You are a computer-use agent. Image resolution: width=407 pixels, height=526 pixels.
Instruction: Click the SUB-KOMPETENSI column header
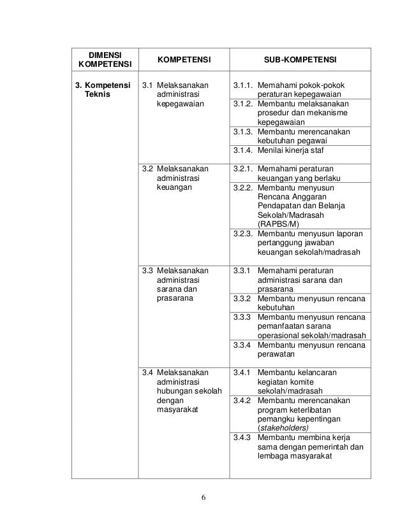[300, 59]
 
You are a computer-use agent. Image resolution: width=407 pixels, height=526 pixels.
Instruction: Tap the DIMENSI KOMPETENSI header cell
[104, 59]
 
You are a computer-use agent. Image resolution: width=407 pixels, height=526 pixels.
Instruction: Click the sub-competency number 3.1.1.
[243, 85]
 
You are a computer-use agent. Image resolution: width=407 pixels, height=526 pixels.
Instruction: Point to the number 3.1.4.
[243, 150]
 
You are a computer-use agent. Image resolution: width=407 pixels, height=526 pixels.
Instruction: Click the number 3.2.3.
[243, 234]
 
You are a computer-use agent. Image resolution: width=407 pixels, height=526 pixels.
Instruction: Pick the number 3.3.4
[241, 345]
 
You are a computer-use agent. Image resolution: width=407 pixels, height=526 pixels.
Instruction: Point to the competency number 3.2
[147, 169]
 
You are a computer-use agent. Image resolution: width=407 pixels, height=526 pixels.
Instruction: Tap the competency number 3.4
[147, 372]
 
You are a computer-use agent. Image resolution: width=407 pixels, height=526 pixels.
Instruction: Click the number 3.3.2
[241, 299]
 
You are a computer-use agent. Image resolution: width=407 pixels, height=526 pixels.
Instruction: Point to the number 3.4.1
[241, 372]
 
